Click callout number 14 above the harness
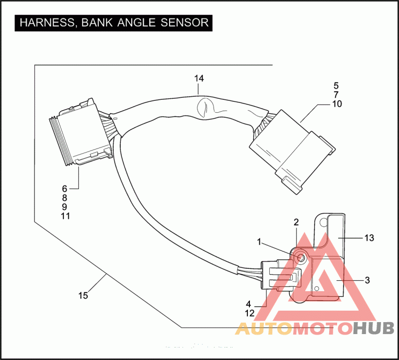pyautogui.click(x=199, y=79)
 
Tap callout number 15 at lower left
pyautogui.click(x=83, y=296)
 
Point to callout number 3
pyautogui.click(x=367, y=280)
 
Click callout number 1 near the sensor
pyautogui.click(x=259, y=242)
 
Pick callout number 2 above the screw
pyautogui.click(x=296, y=222)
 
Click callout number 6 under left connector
pyautogui.click(x=64, y=188)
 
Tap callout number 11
pyautogui.click(x=65, y=216)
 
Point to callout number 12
pyautogui.click(x=250, y=313)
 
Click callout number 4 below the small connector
pyautogui.click(x=248, y=304)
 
